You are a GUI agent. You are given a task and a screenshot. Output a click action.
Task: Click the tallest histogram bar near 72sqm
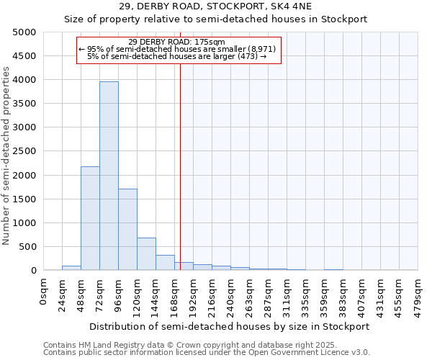tap(109, 176)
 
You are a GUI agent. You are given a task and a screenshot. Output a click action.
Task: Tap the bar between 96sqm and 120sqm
tap(127, 230)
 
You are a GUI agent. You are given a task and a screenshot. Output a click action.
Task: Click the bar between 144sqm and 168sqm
tap(165, 263)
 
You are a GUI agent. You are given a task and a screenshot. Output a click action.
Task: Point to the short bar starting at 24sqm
tap(71, 268)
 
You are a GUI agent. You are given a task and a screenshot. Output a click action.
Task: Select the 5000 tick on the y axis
tap(24, 32)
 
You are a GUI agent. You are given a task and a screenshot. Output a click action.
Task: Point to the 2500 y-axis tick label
tap(24, 151)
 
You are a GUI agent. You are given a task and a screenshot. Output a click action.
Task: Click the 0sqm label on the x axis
tap(44, 289)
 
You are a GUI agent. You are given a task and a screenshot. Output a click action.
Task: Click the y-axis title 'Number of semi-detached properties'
tap(6, 156)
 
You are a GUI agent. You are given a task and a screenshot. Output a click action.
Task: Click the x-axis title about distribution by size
tap(230, 326)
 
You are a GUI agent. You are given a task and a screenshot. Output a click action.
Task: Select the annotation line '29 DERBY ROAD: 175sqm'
tap(176, 42)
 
